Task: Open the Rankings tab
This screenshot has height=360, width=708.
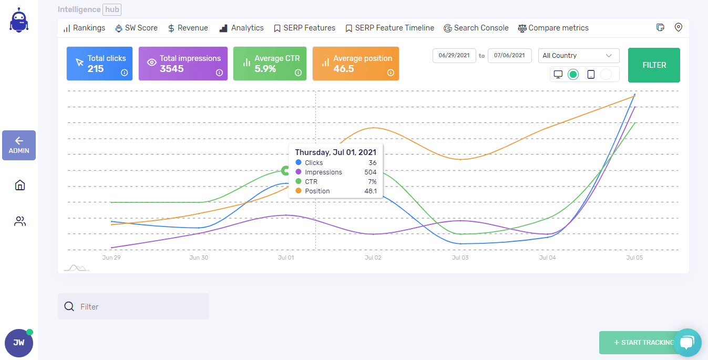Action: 85,28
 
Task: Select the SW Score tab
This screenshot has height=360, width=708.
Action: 136,28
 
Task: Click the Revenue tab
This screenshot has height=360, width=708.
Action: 188,28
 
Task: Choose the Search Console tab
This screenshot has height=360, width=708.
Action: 476,28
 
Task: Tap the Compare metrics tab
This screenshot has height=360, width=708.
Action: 553,28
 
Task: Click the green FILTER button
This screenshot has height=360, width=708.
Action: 654,65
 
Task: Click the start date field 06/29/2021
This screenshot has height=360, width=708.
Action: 454,56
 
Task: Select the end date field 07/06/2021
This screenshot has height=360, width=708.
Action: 509,56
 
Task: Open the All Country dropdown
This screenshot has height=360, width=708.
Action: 578,56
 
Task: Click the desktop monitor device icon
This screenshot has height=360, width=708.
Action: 558,75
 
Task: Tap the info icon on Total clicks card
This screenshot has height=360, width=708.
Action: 125,73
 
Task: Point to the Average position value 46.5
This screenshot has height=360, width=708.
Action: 344,69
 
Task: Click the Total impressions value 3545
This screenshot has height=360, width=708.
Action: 172,69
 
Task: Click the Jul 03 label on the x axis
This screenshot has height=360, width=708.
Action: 460,258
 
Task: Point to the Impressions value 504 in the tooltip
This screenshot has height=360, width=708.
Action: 370,172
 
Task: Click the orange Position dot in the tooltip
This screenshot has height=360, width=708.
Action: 299,191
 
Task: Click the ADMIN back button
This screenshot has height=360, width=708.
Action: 19,146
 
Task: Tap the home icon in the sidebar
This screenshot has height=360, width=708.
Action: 20,185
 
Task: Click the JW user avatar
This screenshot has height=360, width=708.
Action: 19,343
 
